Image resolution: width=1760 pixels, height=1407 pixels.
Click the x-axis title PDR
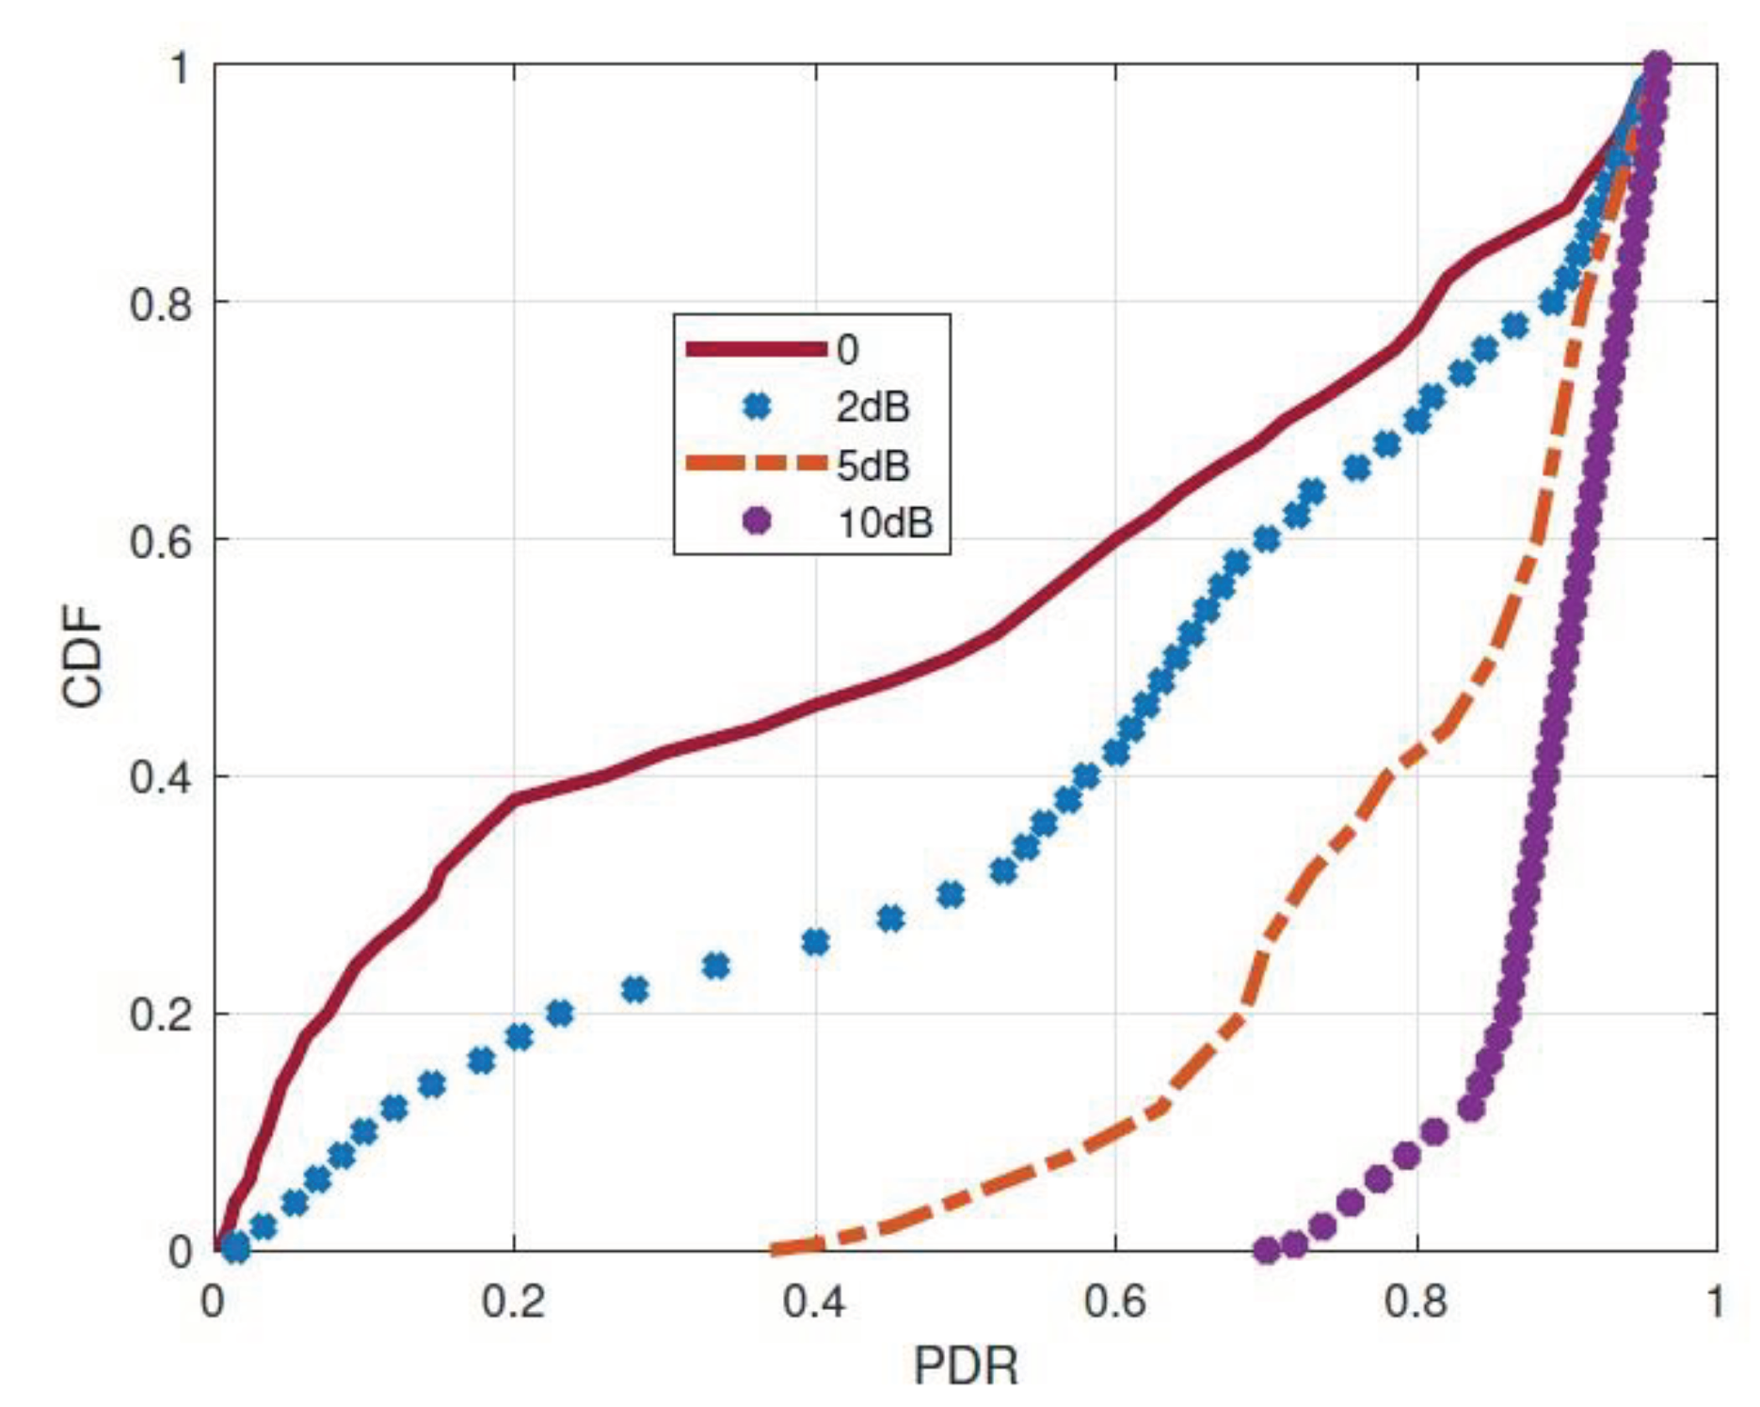[x=966, y=1366]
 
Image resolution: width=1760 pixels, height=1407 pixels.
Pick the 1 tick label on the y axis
[x=180, y=68]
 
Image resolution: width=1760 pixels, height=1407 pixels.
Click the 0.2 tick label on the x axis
[x=514, y=1301]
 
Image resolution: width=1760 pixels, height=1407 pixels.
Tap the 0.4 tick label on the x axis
[x=815, y=1301]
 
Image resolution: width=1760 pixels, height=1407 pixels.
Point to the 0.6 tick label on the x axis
[x=1115, y=1301]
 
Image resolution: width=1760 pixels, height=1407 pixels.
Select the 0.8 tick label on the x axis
[x=1416, y=1301]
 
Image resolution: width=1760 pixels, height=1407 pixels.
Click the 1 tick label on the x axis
[x=1715, y=1301]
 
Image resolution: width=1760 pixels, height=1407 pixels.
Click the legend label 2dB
[x=872, y=408]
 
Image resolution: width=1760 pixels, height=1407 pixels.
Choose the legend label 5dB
[x=872, y=465]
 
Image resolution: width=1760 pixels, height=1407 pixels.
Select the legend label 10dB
[x=885, y=521]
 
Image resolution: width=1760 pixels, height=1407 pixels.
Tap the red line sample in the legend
[x=756, y=349]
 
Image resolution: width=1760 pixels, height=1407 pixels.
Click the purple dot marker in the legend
[x=756, y=520]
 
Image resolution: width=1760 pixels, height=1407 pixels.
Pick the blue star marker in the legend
[x=756, y=407]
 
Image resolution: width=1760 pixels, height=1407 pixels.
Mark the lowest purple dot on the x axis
[x=1267, y=1250]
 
